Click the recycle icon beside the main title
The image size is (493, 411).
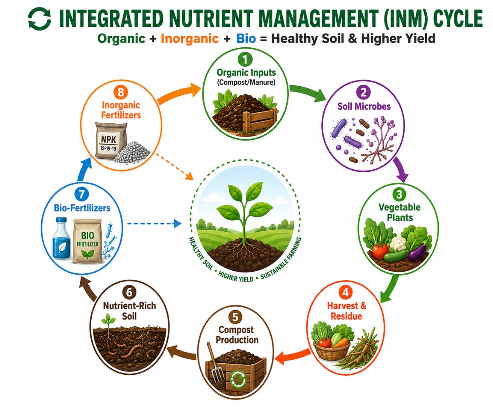(x=39, y=19)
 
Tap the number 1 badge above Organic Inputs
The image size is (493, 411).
(x=245, y=60)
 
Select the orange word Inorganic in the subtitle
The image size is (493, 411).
(x=189, y=39)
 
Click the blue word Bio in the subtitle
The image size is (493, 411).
(x=246, y=39)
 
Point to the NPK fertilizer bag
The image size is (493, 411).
(x=110, y=141)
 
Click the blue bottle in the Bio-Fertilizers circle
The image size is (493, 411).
(x=61, y=238)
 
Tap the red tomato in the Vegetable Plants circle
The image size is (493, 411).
(x=380, y=251)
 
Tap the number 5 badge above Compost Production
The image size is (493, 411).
(x=235, y=317)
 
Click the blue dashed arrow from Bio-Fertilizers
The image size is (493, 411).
(x=154, y=223)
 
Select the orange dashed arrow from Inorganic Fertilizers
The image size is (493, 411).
(x=175, y=166)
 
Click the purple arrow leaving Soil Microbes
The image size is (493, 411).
(x=401, y=169)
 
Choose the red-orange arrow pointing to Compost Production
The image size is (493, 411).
(x=293, y=356)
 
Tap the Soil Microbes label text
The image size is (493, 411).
(x=364, y=106)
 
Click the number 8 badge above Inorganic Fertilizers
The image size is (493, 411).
(x=121, y=92)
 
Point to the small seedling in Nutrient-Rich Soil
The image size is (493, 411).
(x=108, y=321)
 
